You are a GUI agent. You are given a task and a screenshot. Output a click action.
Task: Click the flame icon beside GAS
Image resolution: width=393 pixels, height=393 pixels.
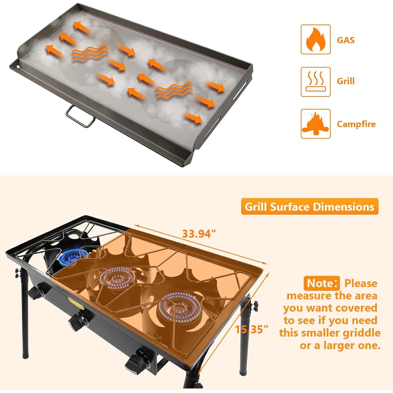316,39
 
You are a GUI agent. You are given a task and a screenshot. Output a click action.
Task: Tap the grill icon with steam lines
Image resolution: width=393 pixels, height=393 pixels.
316,82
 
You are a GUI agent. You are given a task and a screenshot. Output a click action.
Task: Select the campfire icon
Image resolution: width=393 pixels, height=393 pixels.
316,124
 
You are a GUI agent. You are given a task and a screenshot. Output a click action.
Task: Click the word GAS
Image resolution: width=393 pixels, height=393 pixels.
346,40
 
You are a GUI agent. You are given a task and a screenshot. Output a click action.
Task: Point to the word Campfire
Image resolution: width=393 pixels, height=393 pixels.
356,124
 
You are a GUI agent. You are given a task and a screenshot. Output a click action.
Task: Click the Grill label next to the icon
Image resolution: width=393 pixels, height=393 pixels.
346,81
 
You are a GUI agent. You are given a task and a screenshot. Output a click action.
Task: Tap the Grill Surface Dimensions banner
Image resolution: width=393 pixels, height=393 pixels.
309,207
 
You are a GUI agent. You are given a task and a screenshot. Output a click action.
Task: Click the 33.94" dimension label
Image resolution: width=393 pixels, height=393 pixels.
199,234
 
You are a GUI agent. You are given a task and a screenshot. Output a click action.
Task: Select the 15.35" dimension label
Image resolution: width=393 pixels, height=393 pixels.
251,329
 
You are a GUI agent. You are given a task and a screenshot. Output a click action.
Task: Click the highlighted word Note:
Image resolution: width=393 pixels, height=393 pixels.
322,283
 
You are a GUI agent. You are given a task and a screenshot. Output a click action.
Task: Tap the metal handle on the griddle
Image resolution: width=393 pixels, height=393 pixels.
80,116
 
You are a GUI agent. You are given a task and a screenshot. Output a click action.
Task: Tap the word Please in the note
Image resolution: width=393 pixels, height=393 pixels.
361,283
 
